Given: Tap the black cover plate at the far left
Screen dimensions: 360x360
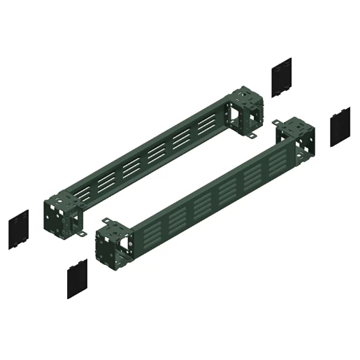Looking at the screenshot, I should tap(19, 229).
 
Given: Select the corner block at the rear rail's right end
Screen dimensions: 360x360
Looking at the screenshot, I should tap(246, 112).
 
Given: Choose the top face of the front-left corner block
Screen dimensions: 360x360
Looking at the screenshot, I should tap(113, 227).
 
